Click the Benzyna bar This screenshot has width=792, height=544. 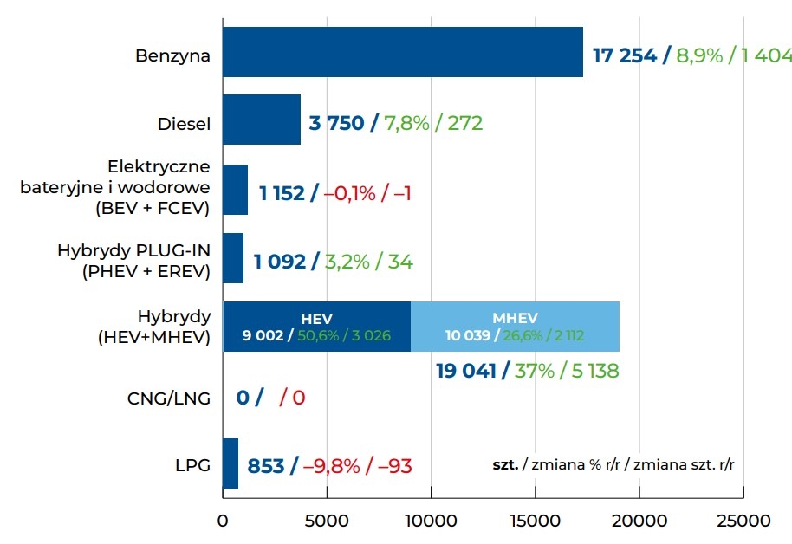click(x=403, y=52)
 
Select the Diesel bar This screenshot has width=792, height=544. click(x=262, y=120)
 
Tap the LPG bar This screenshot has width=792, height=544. click(x=230, y=463)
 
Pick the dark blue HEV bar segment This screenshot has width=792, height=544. click(x=316, y=327)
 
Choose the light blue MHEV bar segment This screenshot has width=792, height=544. click(x=515, y=327)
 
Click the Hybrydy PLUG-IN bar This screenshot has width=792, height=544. click(x=233, y=258)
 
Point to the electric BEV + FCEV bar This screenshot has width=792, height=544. click(x=235, y=190)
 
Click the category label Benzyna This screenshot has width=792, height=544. click(x=173, y=56)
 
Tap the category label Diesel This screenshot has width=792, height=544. click(x=184, y=124)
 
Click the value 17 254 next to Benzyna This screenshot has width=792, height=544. click(x=625, y=56)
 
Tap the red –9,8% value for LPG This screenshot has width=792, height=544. click(x=331, y=466)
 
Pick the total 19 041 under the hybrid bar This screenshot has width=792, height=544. click(x=466, y=371)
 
